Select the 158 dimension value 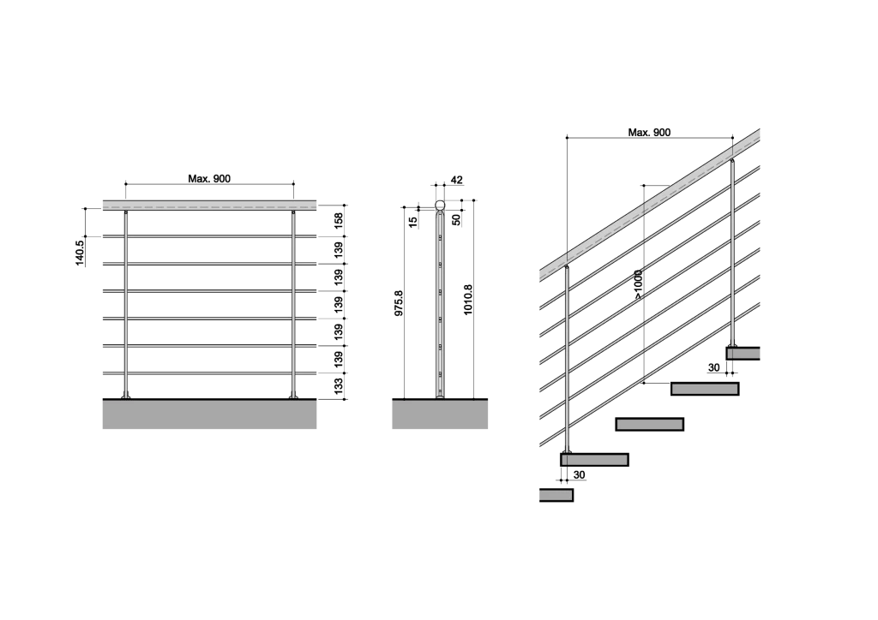click(x=339, y=220)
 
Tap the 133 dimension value click(x=339, y=386)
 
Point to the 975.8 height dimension click(x=399, y=303)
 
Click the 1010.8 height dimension click(x=468, y=300)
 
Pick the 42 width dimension click(x=456, y=180)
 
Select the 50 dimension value click(x=456, y=220)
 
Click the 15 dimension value click(x=413, y=222)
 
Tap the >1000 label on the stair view click(x=638, y=285)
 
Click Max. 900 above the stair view click(x=649, y=133)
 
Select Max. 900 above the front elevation click(x=209, y=179)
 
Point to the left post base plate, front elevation click(x=125, y=397)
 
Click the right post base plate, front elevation click(x=293, y=397)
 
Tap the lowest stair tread click(x=556, y=495)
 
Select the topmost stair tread click(x=743, y=354)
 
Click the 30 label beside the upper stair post click(x=714, y=368)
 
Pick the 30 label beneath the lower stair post click(x=580, y=475)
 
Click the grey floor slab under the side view click(x=440, y=414)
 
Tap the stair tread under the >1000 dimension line click(x=705, y=389)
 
